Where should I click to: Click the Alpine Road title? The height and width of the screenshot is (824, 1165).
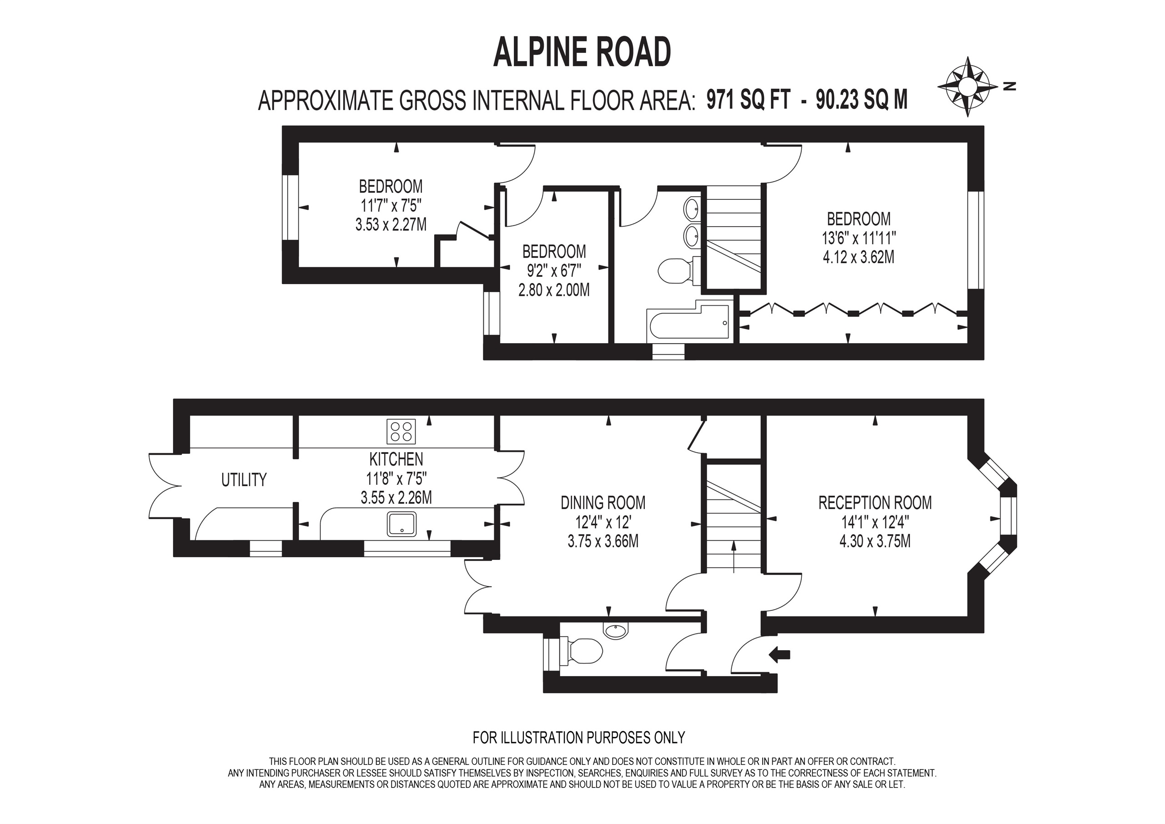click(582, 52)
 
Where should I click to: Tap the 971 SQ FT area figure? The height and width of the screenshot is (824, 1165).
click(749, 100)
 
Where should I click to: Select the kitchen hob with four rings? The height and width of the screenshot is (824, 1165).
click(401, 431)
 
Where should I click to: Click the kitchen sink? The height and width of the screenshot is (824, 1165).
click(401, 524)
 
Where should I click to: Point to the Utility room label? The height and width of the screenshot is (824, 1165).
click(243, 480)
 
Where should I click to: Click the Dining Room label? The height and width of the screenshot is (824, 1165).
click(603, 503)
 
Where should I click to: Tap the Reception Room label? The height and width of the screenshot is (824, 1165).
click(875, 503)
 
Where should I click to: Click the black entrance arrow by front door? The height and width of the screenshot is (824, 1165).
click(780, 655)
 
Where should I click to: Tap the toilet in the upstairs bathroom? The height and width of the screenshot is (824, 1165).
click(675, 271)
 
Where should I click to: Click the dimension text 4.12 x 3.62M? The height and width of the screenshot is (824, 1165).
click(859, 257)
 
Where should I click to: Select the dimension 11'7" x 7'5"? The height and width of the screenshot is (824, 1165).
click(391, 206)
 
